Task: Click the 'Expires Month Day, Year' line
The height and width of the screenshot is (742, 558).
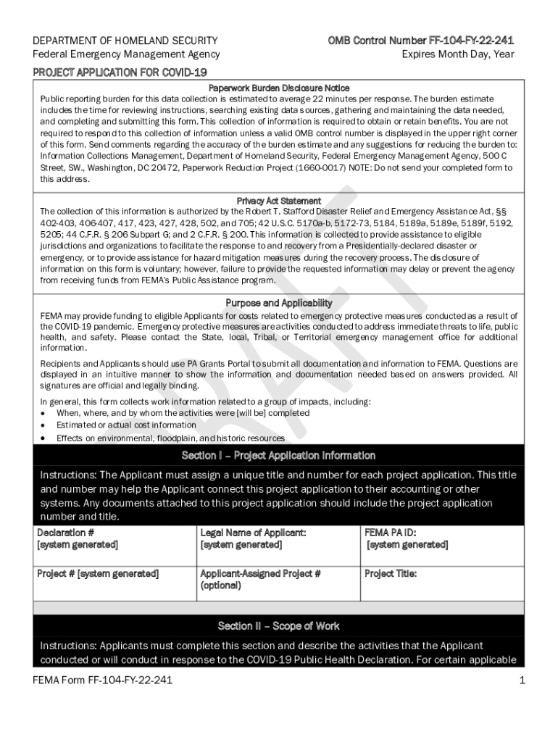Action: click(458, 54)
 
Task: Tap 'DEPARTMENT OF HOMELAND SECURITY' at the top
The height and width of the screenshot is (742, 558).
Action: click(125, 41)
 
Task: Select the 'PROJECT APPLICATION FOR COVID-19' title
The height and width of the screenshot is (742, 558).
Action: click(120, 72)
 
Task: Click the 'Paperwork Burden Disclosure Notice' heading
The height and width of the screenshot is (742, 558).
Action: click(279, 88)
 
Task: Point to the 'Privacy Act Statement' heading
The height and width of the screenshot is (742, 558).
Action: click(279, 201)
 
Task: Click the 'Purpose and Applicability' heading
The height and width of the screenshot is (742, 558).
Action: click(279, 303)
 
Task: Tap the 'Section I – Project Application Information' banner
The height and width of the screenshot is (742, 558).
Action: click(279, 456)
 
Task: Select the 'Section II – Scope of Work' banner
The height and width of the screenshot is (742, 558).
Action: click(279, 626)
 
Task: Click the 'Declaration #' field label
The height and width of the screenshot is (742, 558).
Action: click(66, 533)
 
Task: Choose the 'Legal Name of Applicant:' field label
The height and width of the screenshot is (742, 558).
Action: click(253, 533)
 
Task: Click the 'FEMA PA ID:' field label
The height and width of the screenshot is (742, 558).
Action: click(391, 533)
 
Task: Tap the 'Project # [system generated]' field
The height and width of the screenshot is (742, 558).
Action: click(98, 574)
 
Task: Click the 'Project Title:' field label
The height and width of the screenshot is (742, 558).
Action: click(391, 574)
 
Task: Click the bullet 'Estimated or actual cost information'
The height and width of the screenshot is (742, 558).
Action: click(126, 425)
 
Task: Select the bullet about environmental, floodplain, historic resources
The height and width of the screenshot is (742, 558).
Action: click(170, 438)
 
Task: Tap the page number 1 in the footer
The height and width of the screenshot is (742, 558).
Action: click(522, 680)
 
